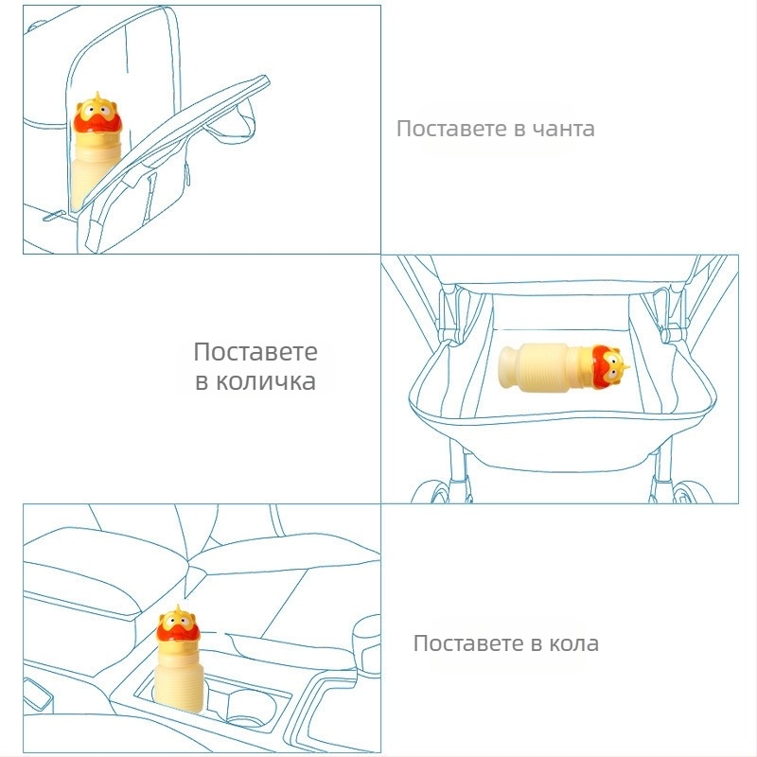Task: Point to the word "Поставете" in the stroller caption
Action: pyautogui.click(x=255, y=351)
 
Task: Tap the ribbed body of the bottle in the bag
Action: pyautogui.click(x=92, y=174)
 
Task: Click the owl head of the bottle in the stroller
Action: pyautogui.click(x=608, y=367)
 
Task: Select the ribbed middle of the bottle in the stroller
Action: pyautogui.click(x=545, y=367)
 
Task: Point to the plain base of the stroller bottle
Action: pyautogui.click(x=510, y=367)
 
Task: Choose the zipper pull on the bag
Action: pyautogui.click(x=55, y=216)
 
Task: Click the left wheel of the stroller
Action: pyautogui.click(x=437, y=491)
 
